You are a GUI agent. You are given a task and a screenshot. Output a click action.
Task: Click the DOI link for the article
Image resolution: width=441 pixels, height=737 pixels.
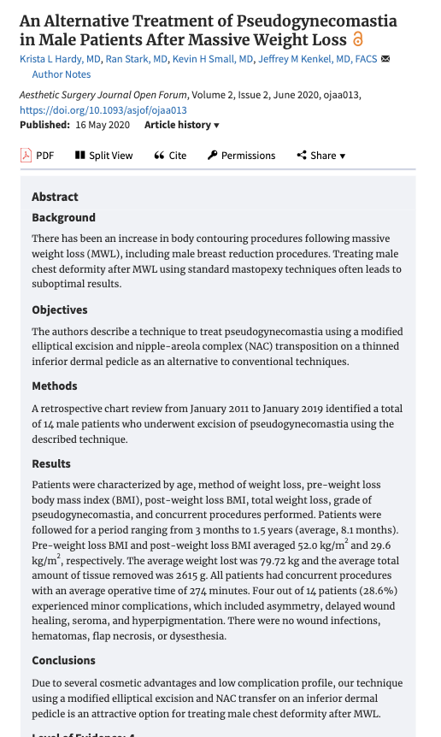pyautogui.click(x=103, y=110)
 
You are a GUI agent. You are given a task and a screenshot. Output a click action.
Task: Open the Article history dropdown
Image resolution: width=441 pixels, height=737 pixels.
pyautogui.click(x=181, y=125)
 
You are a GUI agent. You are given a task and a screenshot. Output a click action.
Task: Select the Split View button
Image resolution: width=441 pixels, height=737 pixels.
pyautogui.click(x=104, y=155)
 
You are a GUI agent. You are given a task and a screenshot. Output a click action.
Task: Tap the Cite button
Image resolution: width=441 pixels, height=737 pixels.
pyautogui.click(x=170, y=155)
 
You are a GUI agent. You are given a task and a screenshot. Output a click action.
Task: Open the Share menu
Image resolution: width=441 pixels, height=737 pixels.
pyautogui.click(x=321, y=155)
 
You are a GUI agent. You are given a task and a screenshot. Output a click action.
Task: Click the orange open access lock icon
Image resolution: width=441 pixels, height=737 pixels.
pyautogui.click(x=357, y=39)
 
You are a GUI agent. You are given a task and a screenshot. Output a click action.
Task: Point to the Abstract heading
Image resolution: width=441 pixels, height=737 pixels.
pyautogui.click(x=55, y=197)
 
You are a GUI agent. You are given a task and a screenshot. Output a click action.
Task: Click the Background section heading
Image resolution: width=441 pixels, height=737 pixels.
pyautogui.click(x=63, y=217)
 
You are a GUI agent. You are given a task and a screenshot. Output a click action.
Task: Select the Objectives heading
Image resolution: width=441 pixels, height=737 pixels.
pyautogui.click(x=60, y=310)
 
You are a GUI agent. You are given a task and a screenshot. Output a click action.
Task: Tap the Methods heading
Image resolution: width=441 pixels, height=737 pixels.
pyautogui.click(x=55, y=386)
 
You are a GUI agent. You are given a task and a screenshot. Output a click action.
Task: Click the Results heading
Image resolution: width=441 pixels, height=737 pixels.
pyautogui.click(x=51, y=463)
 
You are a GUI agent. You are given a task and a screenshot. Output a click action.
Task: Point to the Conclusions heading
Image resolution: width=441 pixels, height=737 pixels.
pyautogui.click(x=63, y=660)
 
